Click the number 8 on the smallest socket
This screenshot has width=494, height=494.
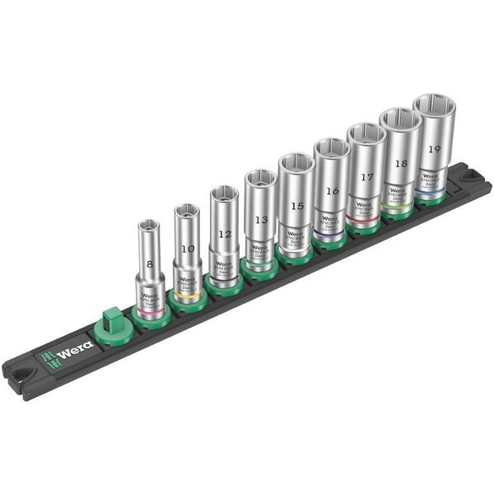149,265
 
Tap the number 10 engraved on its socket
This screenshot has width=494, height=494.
188,248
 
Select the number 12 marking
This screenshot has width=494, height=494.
223,234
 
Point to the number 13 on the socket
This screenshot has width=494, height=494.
261,220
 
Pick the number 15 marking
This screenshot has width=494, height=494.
296,205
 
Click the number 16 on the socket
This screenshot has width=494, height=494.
332,191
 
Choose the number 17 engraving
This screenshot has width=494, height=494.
367,177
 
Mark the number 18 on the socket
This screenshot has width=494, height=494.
401,164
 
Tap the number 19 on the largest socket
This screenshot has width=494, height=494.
434,150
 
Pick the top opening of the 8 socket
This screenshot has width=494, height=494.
149,224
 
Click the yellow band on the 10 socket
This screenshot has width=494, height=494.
188,291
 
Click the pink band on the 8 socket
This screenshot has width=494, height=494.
150,311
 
